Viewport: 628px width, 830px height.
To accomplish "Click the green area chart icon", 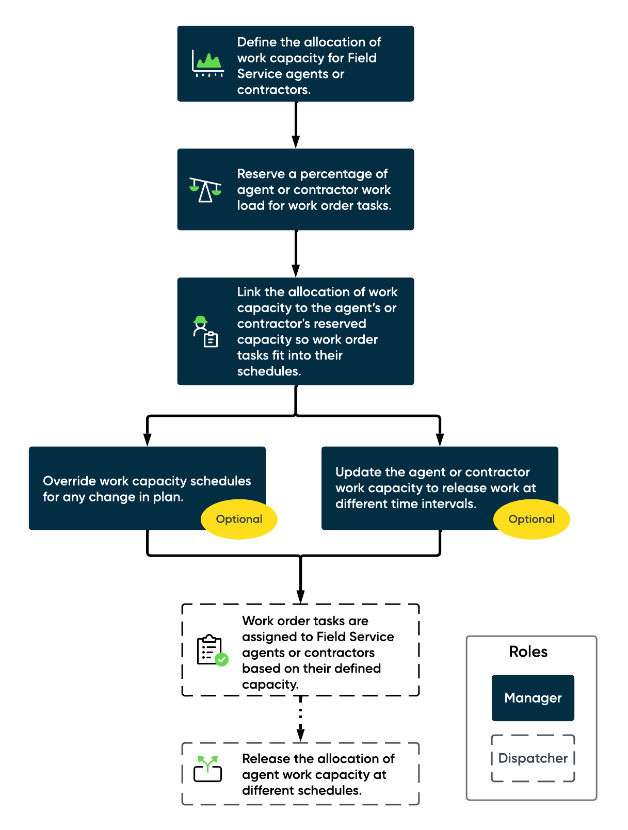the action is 207,63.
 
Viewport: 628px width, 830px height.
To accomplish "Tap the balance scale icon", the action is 205,189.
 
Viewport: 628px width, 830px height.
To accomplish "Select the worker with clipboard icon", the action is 205,331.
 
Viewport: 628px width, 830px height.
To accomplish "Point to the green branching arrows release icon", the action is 207,769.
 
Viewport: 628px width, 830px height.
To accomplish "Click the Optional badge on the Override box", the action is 238,519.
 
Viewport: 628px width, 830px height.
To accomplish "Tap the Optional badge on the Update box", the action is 531,519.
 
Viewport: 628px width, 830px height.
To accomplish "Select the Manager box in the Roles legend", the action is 533,697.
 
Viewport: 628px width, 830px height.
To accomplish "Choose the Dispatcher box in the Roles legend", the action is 533,758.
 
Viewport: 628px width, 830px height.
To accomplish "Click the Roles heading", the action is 528,651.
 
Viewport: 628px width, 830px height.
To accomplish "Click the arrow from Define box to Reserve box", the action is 296,125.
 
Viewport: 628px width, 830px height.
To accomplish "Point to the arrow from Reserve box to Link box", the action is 296,253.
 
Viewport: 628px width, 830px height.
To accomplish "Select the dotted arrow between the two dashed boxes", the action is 300,719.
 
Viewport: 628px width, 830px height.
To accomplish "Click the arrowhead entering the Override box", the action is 147,440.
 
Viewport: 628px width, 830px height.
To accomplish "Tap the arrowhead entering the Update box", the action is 439,440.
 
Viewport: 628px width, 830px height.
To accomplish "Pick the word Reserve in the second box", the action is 261,173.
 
